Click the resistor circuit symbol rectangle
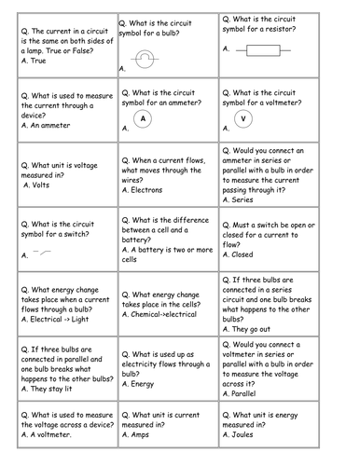[x=265, y=54]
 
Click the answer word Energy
[x=150, y=382]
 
